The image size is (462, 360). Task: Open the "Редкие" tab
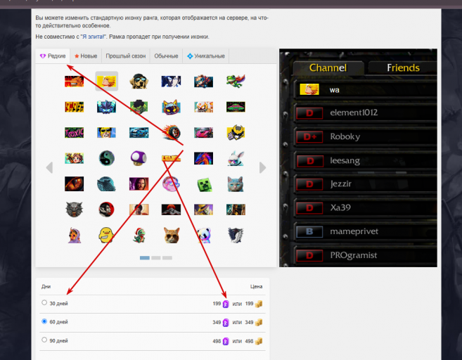click(53, 56)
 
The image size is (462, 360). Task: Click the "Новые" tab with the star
click(86, 56)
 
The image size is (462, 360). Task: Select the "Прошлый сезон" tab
click(126, 56)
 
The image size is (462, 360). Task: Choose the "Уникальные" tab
click(206, 56)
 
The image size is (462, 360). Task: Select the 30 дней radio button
click(44, 303)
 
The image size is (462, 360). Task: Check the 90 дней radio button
click(44, 340)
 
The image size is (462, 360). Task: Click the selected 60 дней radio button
click(44, 321)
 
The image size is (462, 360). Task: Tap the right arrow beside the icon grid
click(263, 167)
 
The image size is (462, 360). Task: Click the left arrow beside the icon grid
click(49, 167)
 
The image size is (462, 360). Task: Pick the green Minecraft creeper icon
click(203, 184)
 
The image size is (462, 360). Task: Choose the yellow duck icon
click(106, 234)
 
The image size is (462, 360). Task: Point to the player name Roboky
click(345, 137)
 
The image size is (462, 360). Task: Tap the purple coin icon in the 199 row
click(226, 304)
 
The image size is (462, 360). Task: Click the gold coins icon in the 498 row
click(259, 341)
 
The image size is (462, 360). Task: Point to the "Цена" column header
click(256, 287)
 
